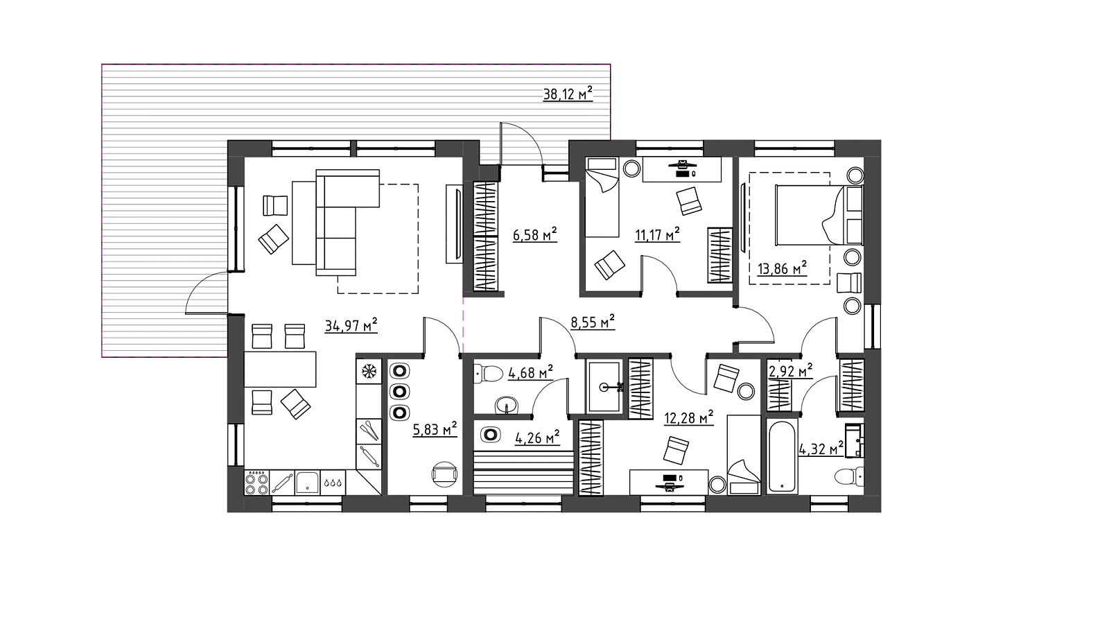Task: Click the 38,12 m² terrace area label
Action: pyautogui.click(x=568, y=94)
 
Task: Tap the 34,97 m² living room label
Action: pyautogui.click(x=351, y=326)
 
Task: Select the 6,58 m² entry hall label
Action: pyautogui.click(x=535, y=234)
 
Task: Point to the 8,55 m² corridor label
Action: pyautogui.click(x=593, y=322)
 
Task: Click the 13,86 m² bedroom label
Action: pyautogui.click(x=783, y=269)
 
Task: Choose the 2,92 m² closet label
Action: pyautogui.click(x=790, y=371)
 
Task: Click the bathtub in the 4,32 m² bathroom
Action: pyautogui.click(x=783, y=456)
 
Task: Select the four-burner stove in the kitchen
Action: pyautogui.click(x=256, y=483)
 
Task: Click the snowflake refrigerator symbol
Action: pyautogui.click(x=369, y=371)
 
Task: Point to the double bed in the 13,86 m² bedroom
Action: pyautogui.click(x=819, y=215)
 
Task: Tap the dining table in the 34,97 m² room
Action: pyautogui.click(x=280, y=369)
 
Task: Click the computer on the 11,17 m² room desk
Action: pyautogui.click(x=682, y=168)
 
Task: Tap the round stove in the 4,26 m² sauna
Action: pyautogui.click(x=490, y=434)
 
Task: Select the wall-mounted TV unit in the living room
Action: pyautogui.click(x=455, y=224)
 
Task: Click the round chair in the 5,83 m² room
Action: pyautogui.click(x=444, y=474)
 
